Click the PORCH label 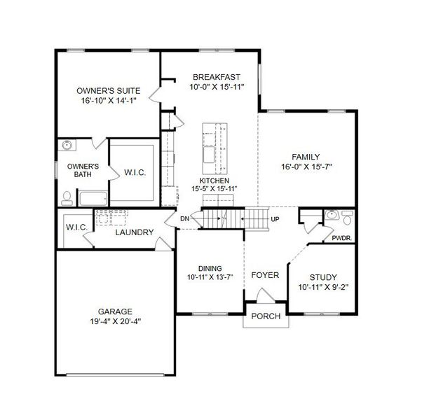(x=266, y=316)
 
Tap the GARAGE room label (x=116, y=311)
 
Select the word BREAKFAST (x=217, y=77)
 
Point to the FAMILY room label (x=306, y=157)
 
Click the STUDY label (x=322, y=276)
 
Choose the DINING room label (x=210, y=268)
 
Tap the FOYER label (x=265, y=275)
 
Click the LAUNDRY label (x=134, y=232)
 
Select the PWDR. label (x=342, y=238)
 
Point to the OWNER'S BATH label (x=83, y=171)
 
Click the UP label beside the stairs (x=276, y=219)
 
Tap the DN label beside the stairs (x=185, y=219)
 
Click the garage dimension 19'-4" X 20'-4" (x=116, y=322)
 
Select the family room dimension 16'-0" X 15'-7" (x=306, y=167)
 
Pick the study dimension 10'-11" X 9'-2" (x=322, y=287)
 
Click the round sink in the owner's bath (x=68, y=146)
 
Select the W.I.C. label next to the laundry (x=76, y=227)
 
